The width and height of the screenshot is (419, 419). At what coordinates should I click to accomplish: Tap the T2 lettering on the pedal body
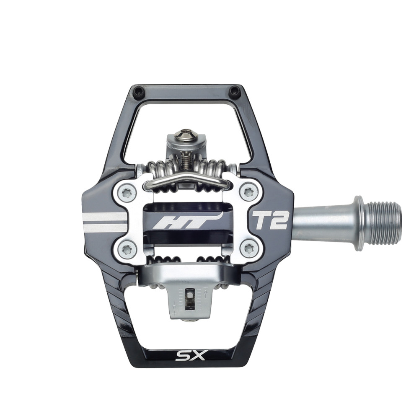[x=269, y=221]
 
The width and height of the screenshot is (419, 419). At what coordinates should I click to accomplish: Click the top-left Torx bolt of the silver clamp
[x=126, y=191]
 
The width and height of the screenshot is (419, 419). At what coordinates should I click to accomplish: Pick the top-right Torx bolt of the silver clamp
[x=248, y=191]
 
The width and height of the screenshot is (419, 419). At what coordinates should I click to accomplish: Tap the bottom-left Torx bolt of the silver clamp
[x=126, y=249]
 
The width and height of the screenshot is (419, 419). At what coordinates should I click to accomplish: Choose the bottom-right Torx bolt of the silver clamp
[x=248, y=249]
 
